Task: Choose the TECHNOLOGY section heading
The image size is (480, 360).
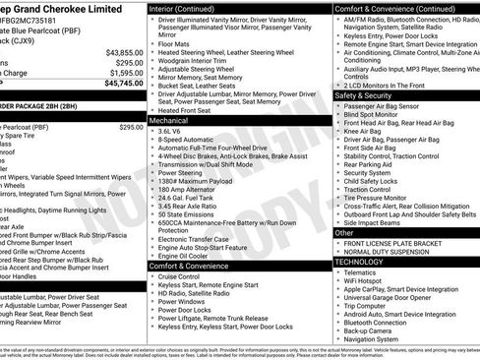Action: coord(360,262)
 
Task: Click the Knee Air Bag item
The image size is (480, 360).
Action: coord(363,131)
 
